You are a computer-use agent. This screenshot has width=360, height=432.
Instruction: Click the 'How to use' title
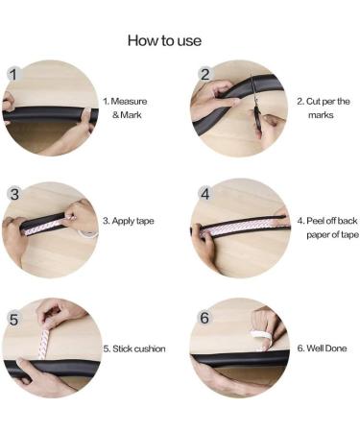click(164, 40)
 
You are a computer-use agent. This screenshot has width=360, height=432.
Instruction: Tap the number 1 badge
click(13, 74)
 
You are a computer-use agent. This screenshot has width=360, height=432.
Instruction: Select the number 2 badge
click(204, 74)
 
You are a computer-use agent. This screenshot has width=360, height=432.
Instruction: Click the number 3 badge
click(14, 194)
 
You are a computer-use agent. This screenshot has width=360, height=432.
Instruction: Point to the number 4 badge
click(205, 194)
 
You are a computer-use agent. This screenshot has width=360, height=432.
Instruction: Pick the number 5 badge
click(13, 320)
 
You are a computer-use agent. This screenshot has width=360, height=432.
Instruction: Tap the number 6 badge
click(204, 318)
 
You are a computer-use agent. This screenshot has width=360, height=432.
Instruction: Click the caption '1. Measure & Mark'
click(126, 108)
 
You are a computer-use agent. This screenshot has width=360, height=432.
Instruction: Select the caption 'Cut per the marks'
click(324, 108)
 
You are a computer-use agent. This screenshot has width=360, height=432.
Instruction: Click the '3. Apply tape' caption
click(129, 221)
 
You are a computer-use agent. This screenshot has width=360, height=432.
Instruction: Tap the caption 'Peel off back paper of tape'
click(328, 228)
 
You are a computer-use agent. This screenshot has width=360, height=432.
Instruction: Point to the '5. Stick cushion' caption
click(134, 348)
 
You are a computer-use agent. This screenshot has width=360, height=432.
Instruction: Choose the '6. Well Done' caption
click(322, 348)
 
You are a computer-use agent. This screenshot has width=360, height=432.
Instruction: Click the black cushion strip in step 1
click(50, 114)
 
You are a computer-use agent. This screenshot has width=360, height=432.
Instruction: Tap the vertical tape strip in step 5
click(43, 343)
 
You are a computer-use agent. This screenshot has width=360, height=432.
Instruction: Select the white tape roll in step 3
click(87, 234)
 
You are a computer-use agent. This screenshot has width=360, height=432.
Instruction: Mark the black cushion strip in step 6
click(240, 358)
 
